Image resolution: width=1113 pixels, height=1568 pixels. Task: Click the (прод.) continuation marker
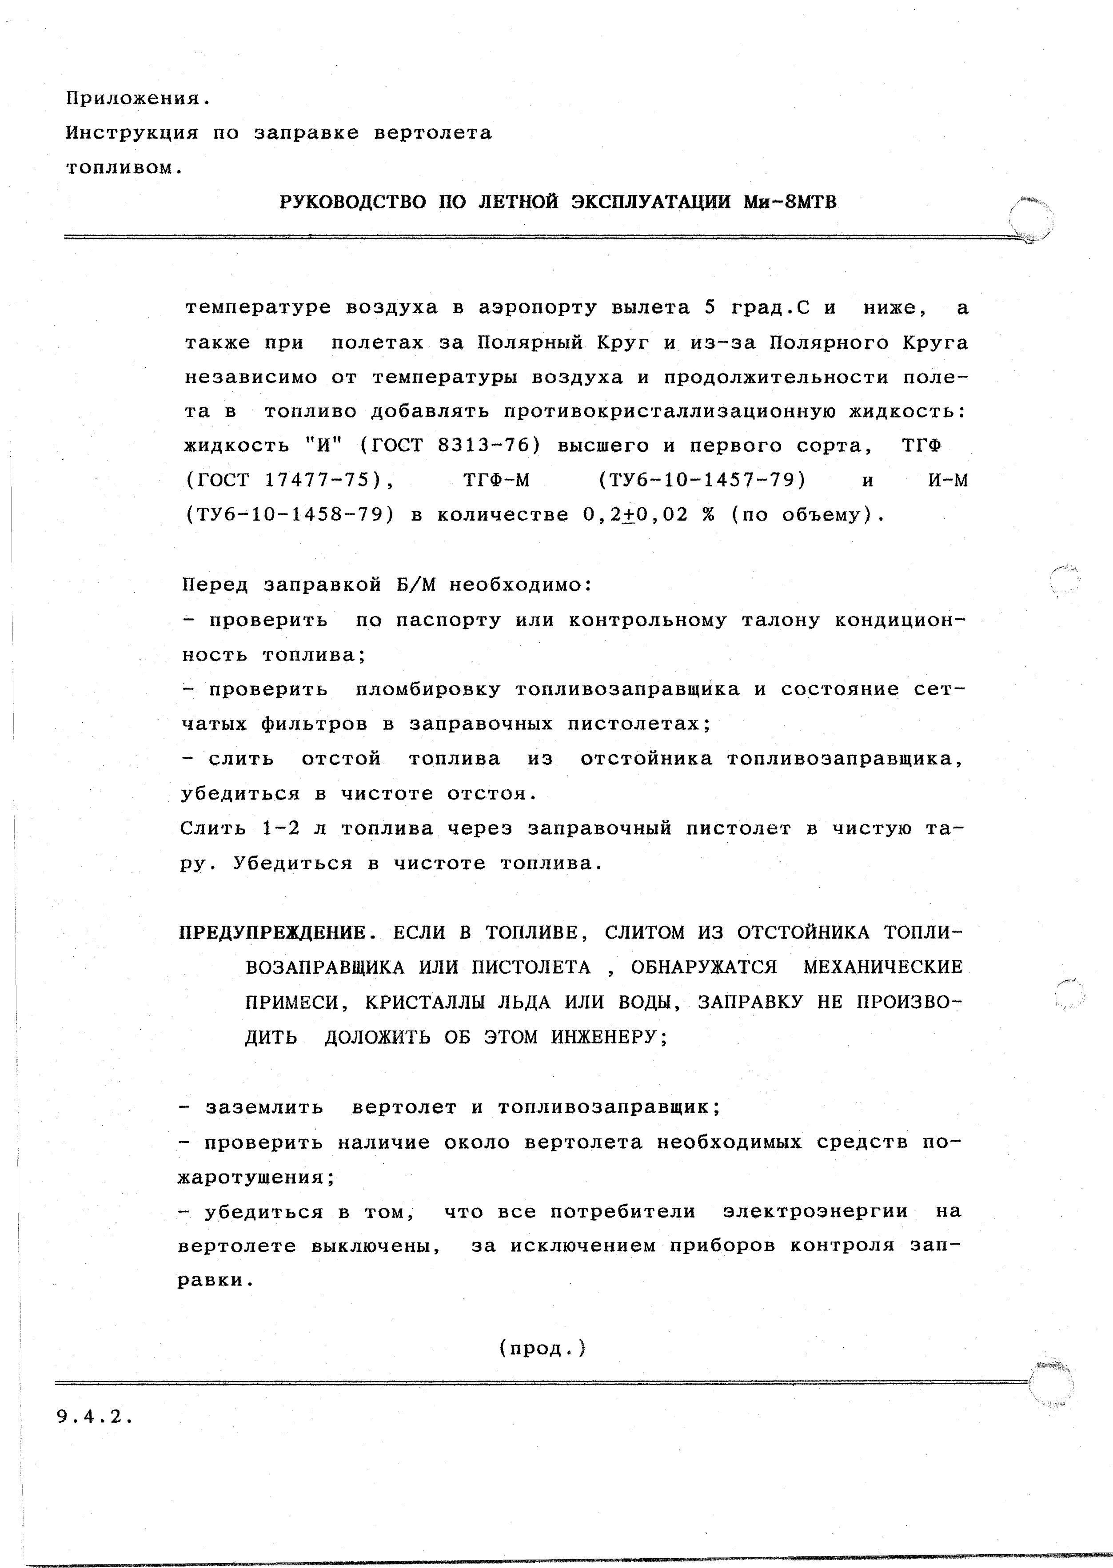point(542,1348)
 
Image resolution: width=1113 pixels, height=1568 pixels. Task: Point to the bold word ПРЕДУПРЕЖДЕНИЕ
point(278,933)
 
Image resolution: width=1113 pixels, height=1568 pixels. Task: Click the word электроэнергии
point(816,1211)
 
